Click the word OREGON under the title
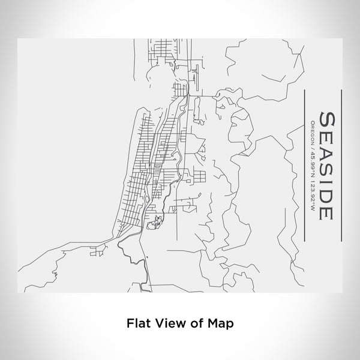tap(313, 132)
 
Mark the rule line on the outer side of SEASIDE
tap(340, 165)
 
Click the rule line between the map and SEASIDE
tap(305, 165)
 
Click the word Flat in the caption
tap(137, 322)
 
